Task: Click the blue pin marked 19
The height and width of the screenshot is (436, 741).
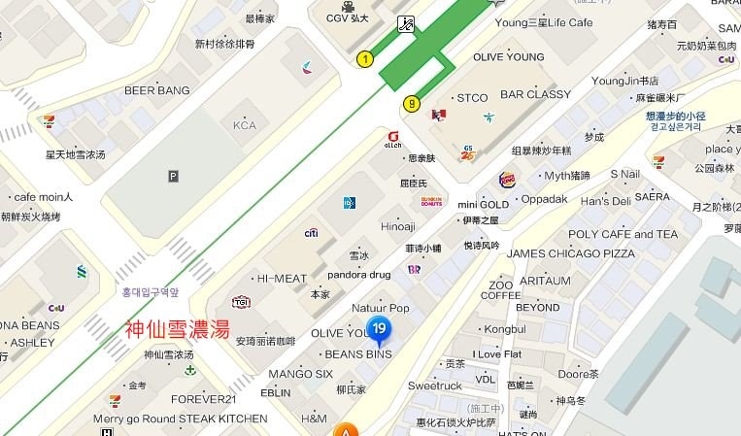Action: pos(380,330)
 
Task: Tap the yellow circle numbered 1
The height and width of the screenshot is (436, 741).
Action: pos(365,59)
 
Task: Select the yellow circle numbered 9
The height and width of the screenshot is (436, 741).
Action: pos(412,103)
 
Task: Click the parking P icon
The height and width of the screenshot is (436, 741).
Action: pos(173,176)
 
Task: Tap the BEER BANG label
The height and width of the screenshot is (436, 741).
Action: pos(156,90)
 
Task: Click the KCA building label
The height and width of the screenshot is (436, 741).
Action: pos(244,125)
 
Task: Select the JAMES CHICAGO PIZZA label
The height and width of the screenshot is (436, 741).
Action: pos(571,253)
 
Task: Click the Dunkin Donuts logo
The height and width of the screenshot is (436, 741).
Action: pos(431,202)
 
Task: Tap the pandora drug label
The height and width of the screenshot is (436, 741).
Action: pos(358,275)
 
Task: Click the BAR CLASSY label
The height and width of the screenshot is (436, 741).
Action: pos(535,94)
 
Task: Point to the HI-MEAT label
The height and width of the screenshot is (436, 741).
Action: pos(282,278)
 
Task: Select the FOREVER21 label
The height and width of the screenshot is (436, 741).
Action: pos(204,399)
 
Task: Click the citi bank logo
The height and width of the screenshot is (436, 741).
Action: pos(312,233)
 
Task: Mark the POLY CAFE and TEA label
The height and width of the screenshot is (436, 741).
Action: pos(623,234)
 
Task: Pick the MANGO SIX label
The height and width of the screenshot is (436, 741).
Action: pos(300,374)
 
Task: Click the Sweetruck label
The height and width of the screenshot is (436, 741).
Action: pos(434,386)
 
